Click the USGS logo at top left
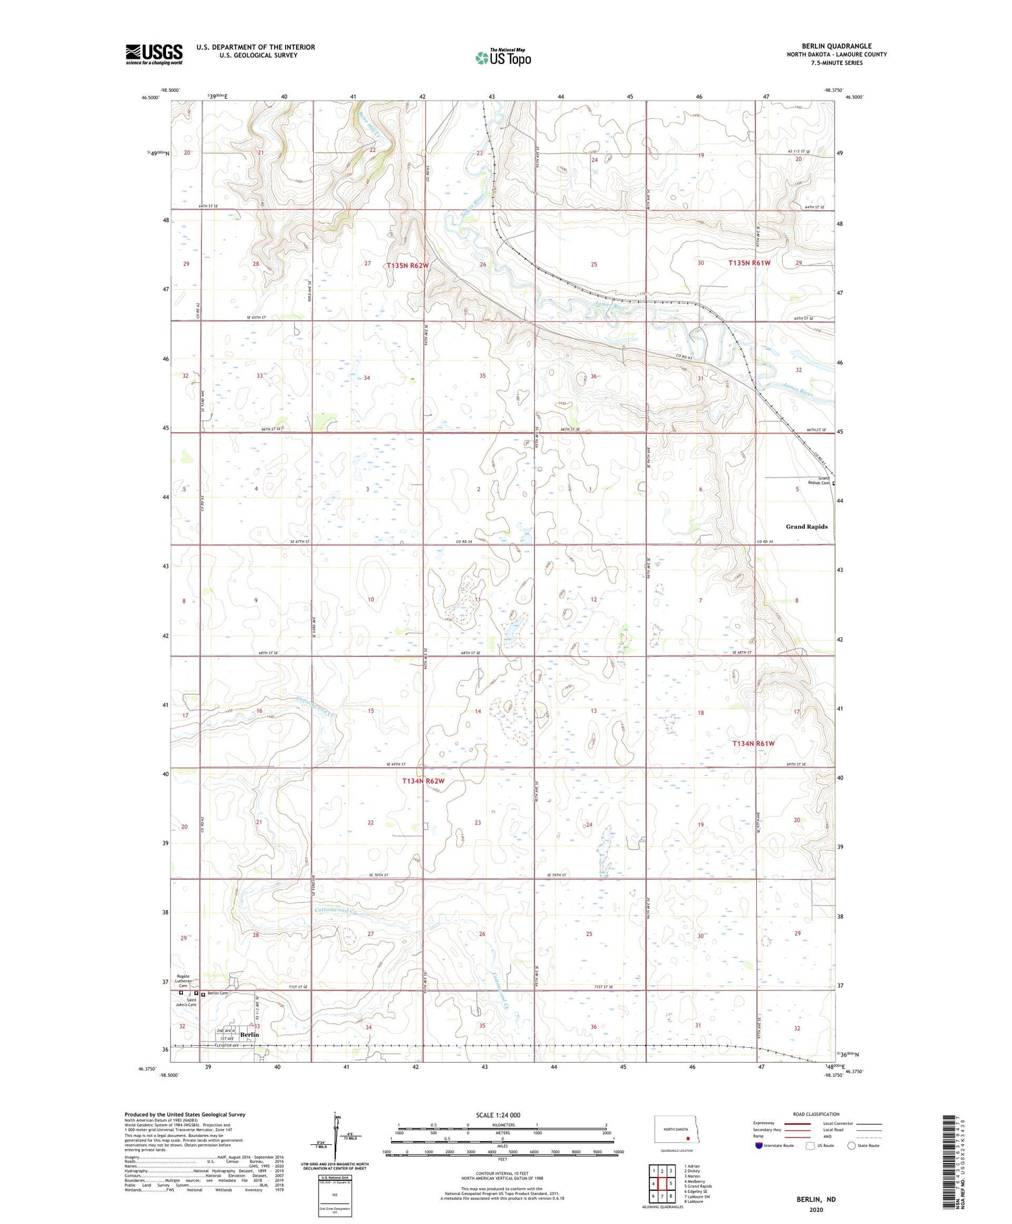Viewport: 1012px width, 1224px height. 154,54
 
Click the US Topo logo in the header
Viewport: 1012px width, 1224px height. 503,58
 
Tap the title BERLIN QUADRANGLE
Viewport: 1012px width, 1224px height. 837,46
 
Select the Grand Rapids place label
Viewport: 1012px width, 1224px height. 806,527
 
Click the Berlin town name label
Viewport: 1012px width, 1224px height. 250,1035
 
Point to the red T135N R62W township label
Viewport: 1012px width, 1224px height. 407,266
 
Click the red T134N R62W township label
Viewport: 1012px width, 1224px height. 423,781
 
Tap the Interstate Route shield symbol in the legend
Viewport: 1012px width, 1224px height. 759,1146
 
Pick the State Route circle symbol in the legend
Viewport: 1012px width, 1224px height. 851,1146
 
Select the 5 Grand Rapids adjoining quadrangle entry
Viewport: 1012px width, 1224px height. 698,1186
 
